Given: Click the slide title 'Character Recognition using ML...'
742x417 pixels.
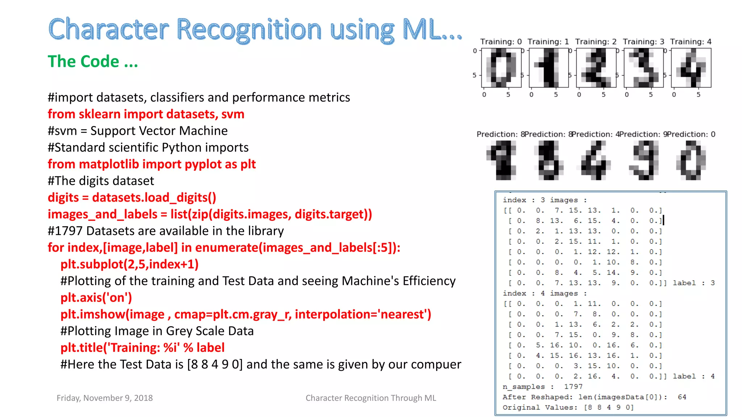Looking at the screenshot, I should tap(255, 30).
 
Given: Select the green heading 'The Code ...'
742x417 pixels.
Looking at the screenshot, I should tap(93, 62).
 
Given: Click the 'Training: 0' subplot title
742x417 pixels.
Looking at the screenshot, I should tap(501, 42).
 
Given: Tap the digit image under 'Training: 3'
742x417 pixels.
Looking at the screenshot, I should tap(643, 68).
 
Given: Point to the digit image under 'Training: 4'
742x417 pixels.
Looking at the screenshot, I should tap(691, 68).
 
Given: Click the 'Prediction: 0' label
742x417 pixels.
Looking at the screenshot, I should tap(691, 134).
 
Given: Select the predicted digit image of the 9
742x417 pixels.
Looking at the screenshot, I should tap(644, 160).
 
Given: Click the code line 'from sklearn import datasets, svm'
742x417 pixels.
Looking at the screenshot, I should tap(146, 114).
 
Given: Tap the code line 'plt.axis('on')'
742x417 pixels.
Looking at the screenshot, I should tap(96, 298).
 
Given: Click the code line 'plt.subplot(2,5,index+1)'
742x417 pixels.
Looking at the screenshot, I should tap(129, 264).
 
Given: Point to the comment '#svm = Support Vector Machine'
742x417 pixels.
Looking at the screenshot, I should tap(138, 131).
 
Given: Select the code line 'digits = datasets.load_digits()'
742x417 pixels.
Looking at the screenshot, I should tap(132, 198).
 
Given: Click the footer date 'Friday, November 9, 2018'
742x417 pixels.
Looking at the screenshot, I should tap(105, 398).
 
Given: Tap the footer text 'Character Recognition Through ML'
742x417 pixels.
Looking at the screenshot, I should tap(371, 398).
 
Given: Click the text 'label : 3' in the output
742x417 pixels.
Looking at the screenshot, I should tap(693, 283).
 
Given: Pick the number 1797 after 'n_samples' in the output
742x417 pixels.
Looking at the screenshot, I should tap(573, 387).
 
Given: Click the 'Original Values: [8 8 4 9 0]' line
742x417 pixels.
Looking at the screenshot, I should tap(568, 408).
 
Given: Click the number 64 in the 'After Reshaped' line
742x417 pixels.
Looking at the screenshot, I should tap(682, 397).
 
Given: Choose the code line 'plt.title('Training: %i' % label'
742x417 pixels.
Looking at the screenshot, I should tap(142, 348).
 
